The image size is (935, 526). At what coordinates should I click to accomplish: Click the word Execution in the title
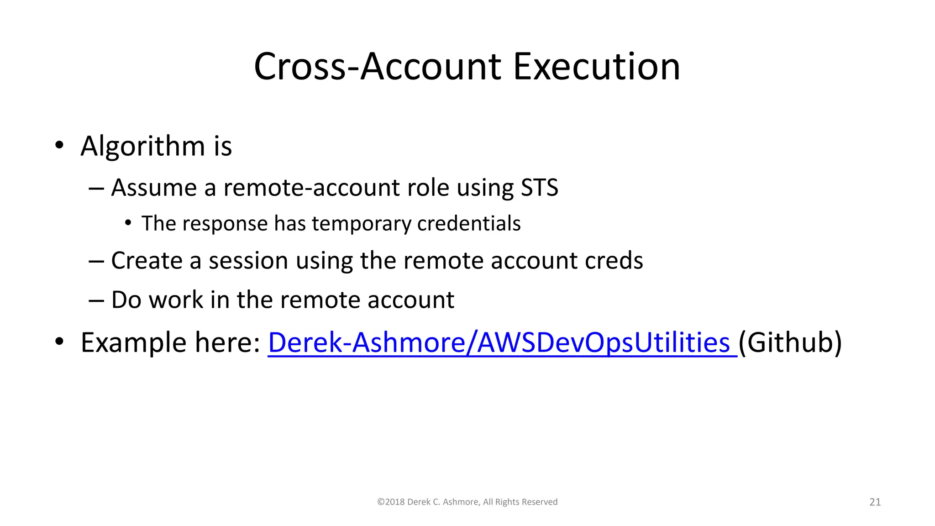(x=596, y=67)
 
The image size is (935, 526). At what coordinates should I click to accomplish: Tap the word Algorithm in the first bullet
(x=143, y=146)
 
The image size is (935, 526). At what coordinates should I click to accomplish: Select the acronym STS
(x=539, y=188)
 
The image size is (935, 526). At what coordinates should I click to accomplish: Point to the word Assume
(x=154, y=188)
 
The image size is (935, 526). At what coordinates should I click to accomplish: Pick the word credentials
(x=469, y=224)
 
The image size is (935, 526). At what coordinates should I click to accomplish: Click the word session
(x=248, y=261)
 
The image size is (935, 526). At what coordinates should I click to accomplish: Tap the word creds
(x=614, y=261)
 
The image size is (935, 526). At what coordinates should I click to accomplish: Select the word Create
(x=147, y=261)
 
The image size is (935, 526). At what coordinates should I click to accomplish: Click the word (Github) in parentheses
(x=790, y=342)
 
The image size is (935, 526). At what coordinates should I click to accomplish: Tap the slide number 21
(x=875, y=502)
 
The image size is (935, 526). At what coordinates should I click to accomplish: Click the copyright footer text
(x=467, y=502)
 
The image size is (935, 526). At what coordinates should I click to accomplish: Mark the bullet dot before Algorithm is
(x=59, y=146)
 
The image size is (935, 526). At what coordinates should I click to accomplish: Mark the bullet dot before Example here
(x=59, y=342)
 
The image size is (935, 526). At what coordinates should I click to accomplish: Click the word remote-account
(x=312, y=188)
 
